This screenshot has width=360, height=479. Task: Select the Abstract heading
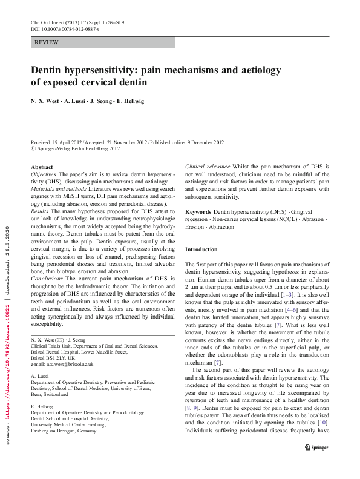click(x=42, y=167)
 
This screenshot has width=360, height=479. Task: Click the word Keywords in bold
click(x=198, y=211)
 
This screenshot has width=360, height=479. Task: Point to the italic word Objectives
click(x=44, y=174)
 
